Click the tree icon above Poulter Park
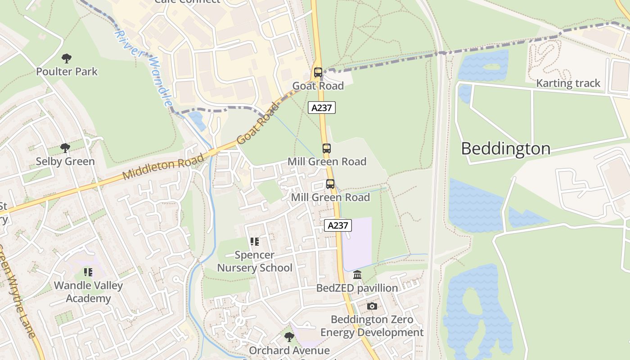pos(67,58)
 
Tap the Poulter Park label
pos(67,72)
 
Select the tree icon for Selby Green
pos(65,148)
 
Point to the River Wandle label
pos(143,68)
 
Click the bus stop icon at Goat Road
pos(318,72)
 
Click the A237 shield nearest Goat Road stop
pos(322,108)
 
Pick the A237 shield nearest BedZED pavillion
pos(337,225)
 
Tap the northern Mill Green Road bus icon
pos(327,148)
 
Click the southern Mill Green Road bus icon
pos(330,184)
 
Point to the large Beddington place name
pos(505,148)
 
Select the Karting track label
pos(568,83)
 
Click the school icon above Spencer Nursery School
pos(255,242)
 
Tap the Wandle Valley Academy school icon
pos(88,272)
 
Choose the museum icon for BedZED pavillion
pos(357,274)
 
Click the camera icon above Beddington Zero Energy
pos(372,306)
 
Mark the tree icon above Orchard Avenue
pos(289,337)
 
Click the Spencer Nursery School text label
pos(255,261)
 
